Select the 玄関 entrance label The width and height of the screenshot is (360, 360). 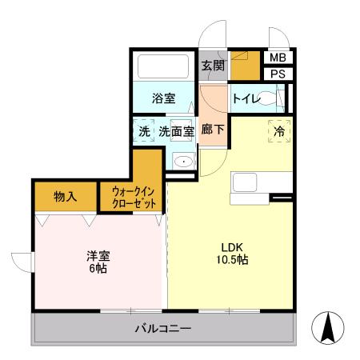click(x=212, y=66)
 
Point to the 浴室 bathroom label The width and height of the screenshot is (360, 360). click(x=163, y=100)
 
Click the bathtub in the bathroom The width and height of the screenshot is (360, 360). click(x=163, y=66)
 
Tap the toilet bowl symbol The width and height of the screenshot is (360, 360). click(x=268, y=100)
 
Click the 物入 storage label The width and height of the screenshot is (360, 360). click(x=66, y=197)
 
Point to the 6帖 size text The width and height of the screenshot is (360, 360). click(x=98, y=269)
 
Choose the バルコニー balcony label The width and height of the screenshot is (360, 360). click(x=162, y=329)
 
